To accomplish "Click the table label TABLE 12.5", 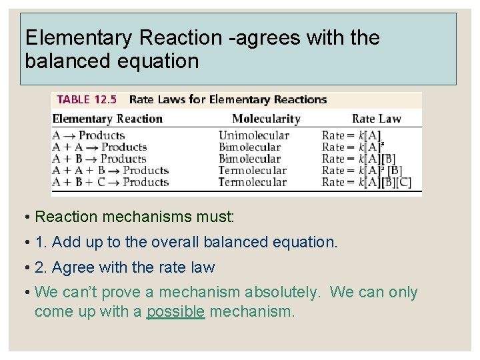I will (x=87, y=100).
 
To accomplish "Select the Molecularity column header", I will (x=266, y=119).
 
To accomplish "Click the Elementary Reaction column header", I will (x=107, y=119).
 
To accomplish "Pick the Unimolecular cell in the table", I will (x=253, y=135).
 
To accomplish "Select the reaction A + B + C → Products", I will (x=110, y=182).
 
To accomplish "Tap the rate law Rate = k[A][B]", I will (x=359, y=159).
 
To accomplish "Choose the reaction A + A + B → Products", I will (x=110, y=171).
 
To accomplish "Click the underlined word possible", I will (x=175, y=311).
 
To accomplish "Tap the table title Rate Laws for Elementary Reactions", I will (x=227, y=100).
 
